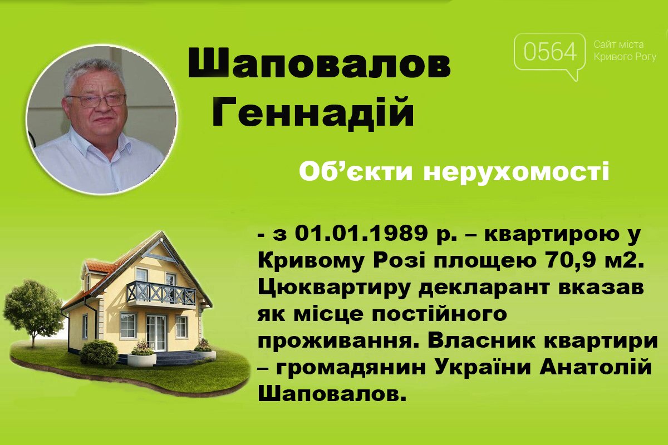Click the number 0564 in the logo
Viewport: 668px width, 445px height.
click(550, 52)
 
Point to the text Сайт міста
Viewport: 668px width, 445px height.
click(619, 44)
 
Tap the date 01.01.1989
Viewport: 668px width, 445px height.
click(360, 234)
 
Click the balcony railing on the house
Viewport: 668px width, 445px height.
click(161, 293)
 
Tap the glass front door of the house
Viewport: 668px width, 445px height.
click(156, 333)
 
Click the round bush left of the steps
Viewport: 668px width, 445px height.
click(99, 353)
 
